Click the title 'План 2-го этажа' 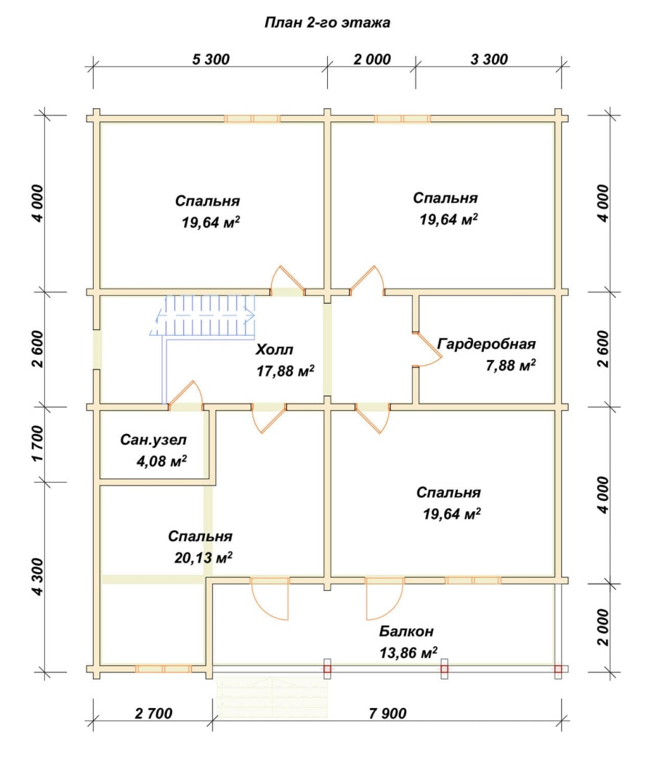[x=327, y=23]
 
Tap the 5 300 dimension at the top [x=211, y=60]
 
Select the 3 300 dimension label [x=489, y=60]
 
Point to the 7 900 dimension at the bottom [x=387, y=713]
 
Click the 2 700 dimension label [x=153, y=713]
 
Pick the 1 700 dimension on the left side [x=38, y=443]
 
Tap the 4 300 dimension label [x=38, y=577]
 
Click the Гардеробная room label [x=486, y=344]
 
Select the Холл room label [x=275, y=350]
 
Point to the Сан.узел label [x=153, y=440]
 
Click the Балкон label [x=406, y=632]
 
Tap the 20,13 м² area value [x=203, y=558]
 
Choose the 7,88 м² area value [x=511, y=365]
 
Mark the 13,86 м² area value [x=408, y=653]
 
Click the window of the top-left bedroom [x=252, y=118]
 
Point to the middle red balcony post [x=444, y=669]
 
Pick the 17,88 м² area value [x=286, y=371]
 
